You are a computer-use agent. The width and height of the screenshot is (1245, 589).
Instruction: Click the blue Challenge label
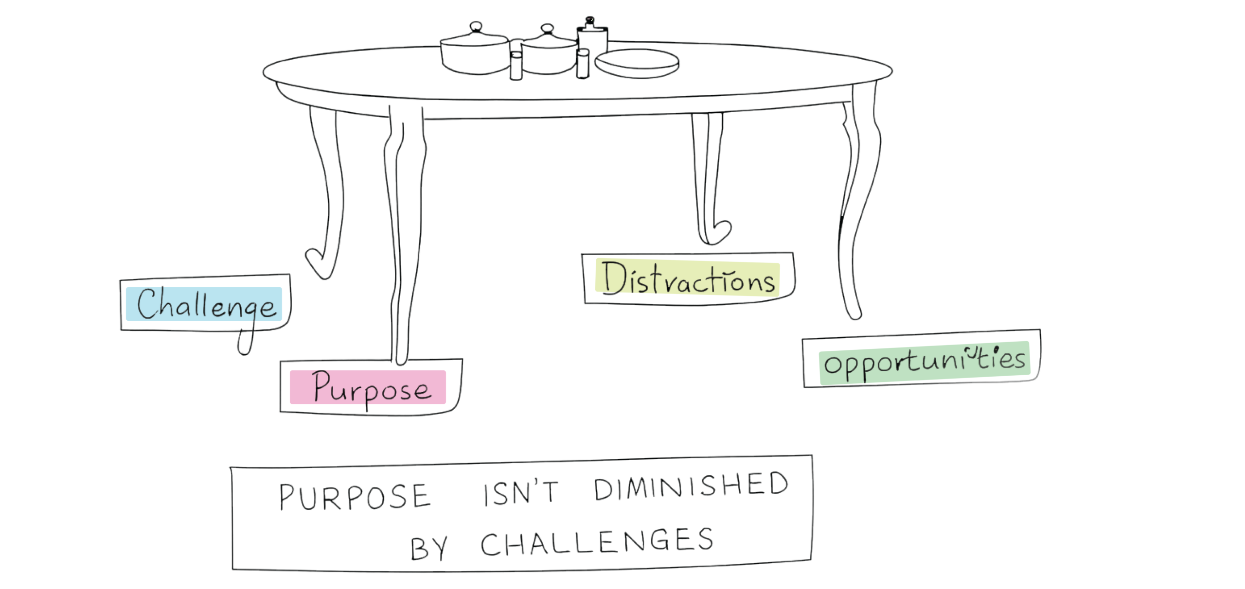point(204,304)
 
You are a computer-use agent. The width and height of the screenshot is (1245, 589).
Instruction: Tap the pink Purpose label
point(368,387)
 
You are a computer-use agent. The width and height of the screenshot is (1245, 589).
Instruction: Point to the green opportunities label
point(925,363)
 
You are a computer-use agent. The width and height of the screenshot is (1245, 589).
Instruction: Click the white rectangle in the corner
point(1036,504)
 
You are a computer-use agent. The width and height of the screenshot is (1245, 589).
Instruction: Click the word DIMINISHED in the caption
point(690,487)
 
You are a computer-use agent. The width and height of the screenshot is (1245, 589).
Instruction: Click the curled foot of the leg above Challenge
point(319,262)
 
